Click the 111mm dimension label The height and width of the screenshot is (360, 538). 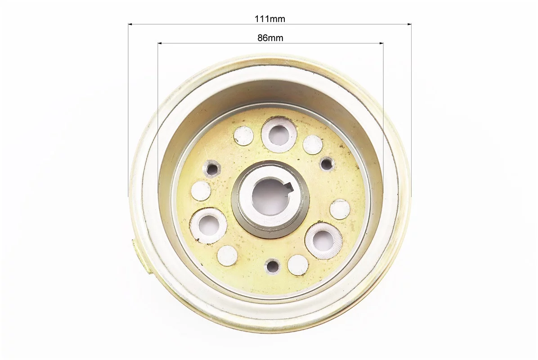270,18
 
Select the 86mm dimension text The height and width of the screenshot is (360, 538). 270,38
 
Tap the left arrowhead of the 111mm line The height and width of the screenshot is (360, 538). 130,24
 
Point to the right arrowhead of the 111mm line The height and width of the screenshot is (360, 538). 409,24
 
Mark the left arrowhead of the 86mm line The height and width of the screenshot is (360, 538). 160,43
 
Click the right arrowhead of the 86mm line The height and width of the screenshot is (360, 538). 381,43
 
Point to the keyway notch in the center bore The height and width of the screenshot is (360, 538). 289,188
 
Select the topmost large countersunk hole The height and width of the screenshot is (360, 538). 278,134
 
